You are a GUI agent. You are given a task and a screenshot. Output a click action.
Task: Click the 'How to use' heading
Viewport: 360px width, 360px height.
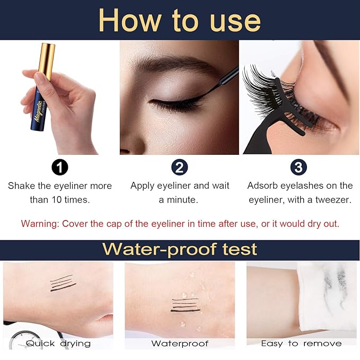tap(180, 20)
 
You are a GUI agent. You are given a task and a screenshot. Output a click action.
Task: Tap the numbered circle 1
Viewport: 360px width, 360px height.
tap(60, 168)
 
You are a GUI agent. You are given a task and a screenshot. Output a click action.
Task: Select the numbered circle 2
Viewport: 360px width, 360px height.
tap(180, 168)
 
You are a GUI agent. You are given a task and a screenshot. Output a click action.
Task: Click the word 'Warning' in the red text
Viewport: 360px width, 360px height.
tap(39, 223)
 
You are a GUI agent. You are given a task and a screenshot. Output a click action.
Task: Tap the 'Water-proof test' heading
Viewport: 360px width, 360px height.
tap(180, 249)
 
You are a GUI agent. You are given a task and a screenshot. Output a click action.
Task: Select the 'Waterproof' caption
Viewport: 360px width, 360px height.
tap(180, 344)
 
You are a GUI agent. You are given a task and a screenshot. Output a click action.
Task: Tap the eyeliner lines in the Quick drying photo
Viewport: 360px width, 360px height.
tap(63, 283)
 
